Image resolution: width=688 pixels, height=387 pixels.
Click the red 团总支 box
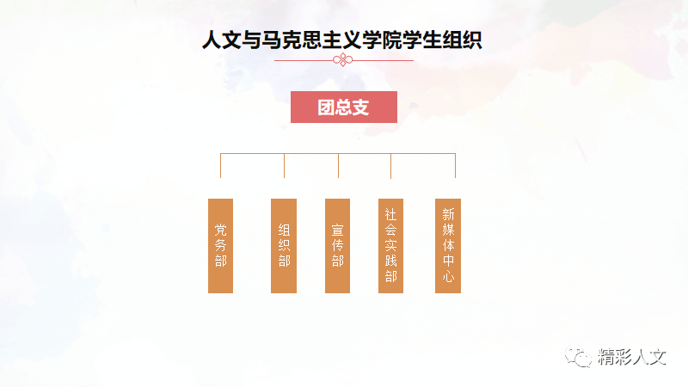tap(343, 107)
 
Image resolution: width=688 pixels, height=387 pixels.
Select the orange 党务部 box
tap(221, 245)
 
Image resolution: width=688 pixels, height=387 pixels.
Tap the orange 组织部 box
tap(284, 245)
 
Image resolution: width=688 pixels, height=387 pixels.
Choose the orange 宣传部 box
tap(338, 245)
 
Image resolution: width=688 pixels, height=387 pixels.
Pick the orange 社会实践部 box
tap(391, 245)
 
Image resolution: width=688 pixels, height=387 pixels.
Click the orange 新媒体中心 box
tap(448, 245)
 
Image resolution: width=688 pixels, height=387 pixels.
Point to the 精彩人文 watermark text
tap(632, 356)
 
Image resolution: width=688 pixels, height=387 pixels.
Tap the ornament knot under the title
tap(343, 60)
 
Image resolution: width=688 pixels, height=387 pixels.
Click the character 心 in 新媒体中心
tap(448, 279)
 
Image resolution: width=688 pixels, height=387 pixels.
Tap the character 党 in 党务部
tap(221, 230)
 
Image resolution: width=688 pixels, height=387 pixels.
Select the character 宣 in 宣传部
tap(338, 230)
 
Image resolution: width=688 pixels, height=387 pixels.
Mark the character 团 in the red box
tap(326, 107)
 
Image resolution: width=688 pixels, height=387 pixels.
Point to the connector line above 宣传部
tap(338, 165)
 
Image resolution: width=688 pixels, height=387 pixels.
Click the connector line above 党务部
tap(221, 165)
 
